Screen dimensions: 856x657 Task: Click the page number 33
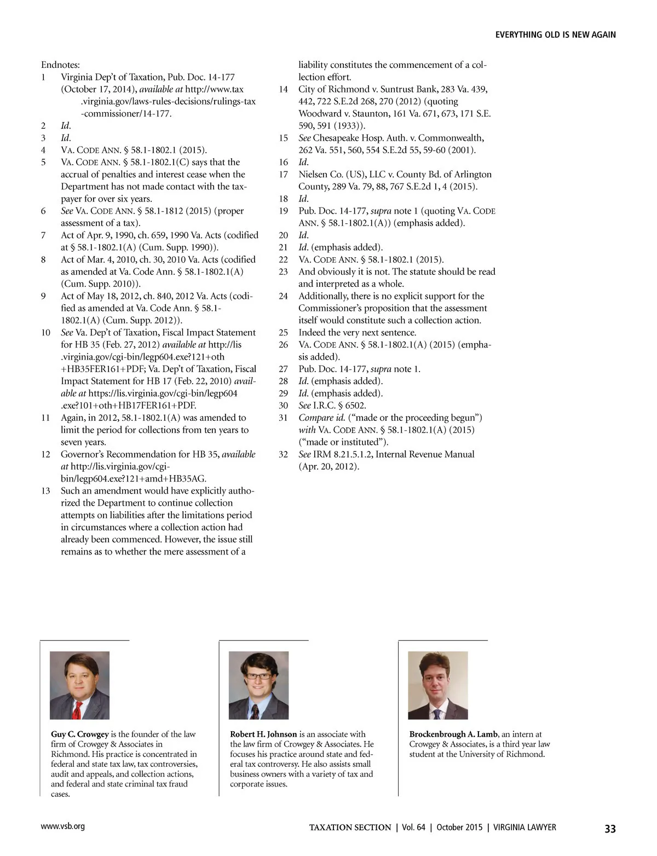[x=610, y=829]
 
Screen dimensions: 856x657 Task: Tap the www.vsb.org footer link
[x=63, y=826]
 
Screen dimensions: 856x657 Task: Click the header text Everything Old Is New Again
[x=555, y=34]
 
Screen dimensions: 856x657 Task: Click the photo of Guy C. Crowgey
[x=79, y=685]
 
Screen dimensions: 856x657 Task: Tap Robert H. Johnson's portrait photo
[x=258, y=685]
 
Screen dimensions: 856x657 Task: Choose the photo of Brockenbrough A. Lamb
[x=437, y=685]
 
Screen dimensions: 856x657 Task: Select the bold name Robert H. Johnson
[x=263, y=734]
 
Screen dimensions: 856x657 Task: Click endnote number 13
[x=45, y=491]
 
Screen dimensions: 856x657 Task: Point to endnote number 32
[x=283, y=454]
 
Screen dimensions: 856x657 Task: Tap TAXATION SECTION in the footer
[x=350, y=828]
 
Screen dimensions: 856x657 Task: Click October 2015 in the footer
[x=458, y=828]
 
